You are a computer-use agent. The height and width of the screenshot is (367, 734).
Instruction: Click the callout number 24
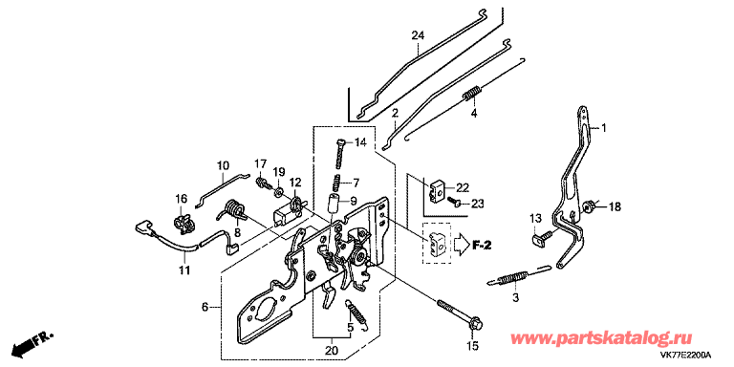[x=418, y=34]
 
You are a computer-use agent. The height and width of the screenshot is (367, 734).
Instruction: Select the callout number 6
[x=205, y=307]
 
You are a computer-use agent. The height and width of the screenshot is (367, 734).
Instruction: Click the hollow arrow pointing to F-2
[x=461, y=245]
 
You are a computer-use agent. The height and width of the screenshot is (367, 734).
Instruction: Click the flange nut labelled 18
[x=588, y=205]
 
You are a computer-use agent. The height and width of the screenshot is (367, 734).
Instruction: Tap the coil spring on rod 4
[x=472, y=92]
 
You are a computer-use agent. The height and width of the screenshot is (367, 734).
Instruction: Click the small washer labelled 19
[x=278, y=191]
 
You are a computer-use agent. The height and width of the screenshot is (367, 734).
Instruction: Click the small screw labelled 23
[x=452, y=202]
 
